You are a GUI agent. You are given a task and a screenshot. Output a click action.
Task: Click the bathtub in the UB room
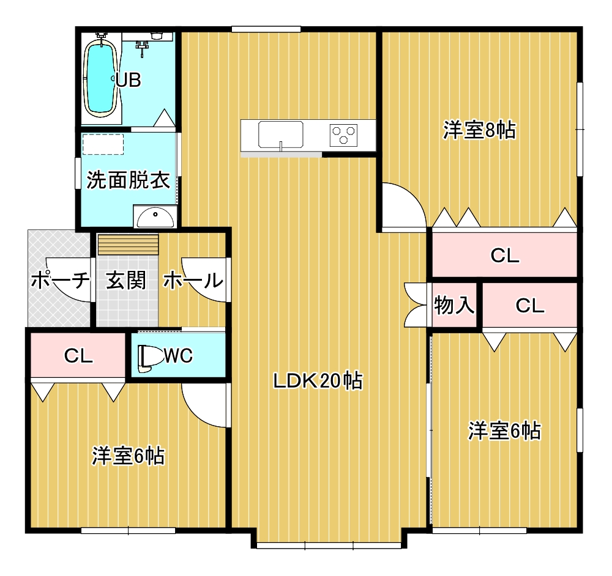pyautogui.click(x=101, y=78)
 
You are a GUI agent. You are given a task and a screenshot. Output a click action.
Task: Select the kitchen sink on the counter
pyautogui.click(x=280, y=135)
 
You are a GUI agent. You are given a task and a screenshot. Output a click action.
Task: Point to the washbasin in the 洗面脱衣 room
pyautogui.click(x=155, y=216)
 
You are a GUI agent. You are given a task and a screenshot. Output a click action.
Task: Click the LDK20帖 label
pyautogui.click(x=318, y=381)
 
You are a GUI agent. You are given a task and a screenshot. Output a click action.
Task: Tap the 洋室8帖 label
pyautogui.click(x=479, y=130)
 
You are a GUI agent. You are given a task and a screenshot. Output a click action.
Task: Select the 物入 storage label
pyautogui.click(x=454, y=305)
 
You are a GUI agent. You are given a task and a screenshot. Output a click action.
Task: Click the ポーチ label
pyautogui.click(x=60, y=279)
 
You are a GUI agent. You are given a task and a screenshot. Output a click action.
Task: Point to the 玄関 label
pyautogui.click(x=126, y=280)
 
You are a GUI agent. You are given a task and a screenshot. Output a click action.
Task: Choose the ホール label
pyautogui.click(x=193, y=280)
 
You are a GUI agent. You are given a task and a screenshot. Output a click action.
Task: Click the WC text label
pyautogui.click(x=178, y=355)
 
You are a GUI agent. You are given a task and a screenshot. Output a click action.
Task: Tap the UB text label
pyautogui.click(x=129, y=80)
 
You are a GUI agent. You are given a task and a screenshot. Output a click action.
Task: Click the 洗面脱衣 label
pyautogui.click(x=129, y=180)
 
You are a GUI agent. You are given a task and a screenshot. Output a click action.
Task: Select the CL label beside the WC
pyautogui.click(x=78, y=356)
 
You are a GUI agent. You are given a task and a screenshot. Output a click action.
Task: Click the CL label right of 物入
pyautogui.click(x=529, y=306)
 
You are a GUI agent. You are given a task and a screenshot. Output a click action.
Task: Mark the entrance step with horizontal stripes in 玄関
pyautogui.click(x=128, y=245)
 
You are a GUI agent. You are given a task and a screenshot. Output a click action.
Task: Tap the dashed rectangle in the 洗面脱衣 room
pyautogui.click(x=103, y=144)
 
